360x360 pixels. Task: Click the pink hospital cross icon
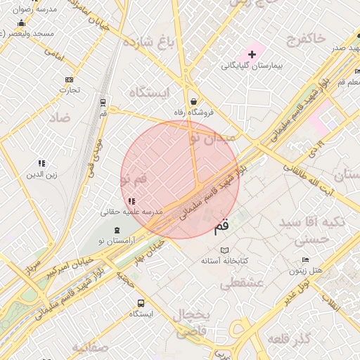tap(252, 54)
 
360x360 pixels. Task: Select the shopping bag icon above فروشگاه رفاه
tap(193, 101)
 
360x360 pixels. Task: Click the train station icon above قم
tap(103, 102)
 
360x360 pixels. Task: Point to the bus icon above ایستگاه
tap(141, 303)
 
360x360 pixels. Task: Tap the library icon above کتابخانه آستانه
tap(224, 250)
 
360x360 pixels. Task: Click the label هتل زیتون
tap(307, 270)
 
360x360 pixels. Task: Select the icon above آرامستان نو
tap(117, 230)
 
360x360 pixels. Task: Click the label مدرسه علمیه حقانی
tap(133, 212)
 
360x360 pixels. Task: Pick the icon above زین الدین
tap(41, 163)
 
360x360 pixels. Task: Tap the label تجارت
tap(69, 90)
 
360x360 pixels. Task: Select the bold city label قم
tap(220, 226)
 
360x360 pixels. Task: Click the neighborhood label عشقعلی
tap(240, 283)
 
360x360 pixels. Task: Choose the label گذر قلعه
tap(290, 340)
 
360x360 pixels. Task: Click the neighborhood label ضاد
tap(60, 118)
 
